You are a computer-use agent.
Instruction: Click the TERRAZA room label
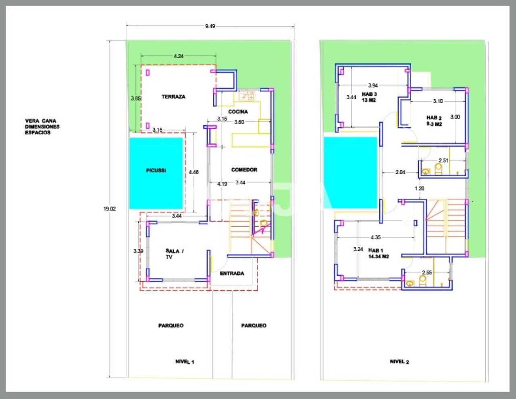point(173,97)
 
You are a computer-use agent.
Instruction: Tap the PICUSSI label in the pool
point(156,171)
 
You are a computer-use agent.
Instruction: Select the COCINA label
point(238,112)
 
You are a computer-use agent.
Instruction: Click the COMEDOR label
point(244,170)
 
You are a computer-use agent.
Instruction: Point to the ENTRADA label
point(232,274)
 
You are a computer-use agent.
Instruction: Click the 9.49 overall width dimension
point(210,26)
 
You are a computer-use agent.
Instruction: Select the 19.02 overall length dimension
point(109,209)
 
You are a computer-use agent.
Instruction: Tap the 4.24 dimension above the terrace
point(179,56)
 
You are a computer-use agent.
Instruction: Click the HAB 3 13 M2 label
point(369,97)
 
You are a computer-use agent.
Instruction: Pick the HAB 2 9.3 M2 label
point(434,121)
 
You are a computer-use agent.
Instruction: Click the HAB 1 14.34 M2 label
point(378,253)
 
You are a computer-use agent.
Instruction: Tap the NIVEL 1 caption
point(185,362)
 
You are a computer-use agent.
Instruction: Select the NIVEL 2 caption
point(399,361)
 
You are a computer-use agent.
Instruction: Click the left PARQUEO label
point(171,326)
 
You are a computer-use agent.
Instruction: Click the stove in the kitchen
point(247,96)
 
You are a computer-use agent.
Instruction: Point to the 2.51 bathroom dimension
point(443,161)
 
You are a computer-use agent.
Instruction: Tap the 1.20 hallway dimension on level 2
point(420,188)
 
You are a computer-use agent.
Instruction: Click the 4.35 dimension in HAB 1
point(375,238)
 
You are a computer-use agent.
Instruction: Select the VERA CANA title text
point(41,121)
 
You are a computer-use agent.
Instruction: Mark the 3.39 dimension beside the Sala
point(138,251)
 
